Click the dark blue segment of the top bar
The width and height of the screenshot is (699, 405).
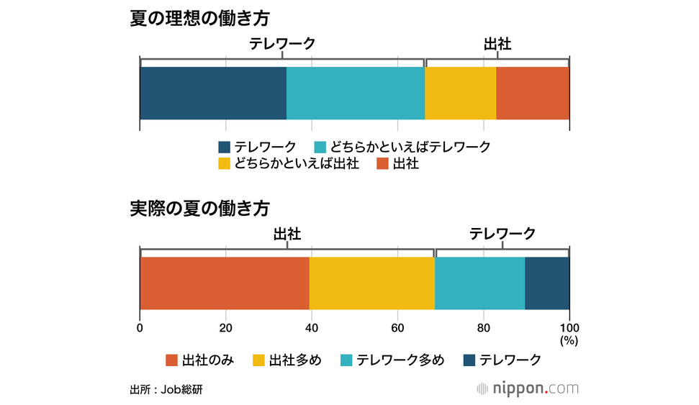213,93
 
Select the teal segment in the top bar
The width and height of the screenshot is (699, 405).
356,93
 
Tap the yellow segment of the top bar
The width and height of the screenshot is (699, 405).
461,93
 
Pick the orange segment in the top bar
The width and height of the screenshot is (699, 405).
533,93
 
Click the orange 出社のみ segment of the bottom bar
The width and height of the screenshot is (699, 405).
224,283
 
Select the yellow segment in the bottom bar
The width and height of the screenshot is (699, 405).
371,283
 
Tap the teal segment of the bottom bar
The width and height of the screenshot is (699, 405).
479,283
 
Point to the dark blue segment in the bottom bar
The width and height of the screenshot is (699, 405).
547,283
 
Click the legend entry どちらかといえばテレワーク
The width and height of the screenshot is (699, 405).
402,147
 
